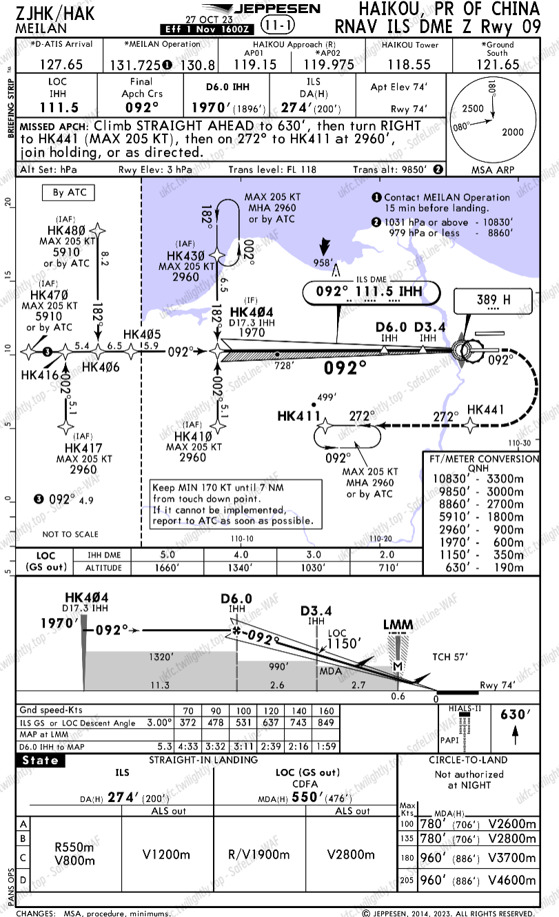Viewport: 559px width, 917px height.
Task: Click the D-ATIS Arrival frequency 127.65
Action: pos(61,64)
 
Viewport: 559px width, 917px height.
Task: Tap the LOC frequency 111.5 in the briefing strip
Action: pos(60,107)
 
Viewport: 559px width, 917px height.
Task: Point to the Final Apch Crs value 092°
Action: pos(142,107)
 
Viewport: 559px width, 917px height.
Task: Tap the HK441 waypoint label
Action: pos(485,409)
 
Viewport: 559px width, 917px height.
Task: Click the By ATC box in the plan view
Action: pos(68,192)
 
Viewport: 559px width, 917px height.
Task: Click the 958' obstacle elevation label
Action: pos(323,262)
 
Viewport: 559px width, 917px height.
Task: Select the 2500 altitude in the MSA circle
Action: pos(473,108)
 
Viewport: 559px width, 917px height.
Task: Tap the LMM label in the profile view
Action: pos(398,625)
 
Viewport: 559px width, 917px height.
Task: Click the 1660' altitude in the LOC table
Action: pos(167,568)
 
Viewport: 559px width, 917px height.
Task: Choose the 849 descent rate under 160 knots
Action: pos(327,722)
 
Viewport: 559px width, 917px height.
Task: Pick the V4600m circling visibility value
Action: pos(511,880)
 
